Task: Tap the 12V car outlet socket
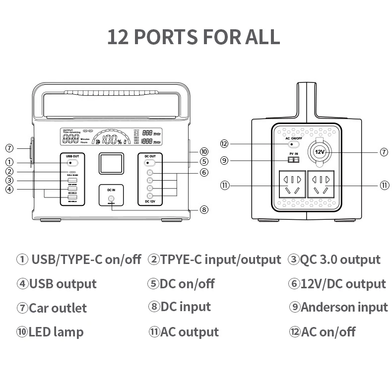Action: pyautogui.click(x=319, y=152)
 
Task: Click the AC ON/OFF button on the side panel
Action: pyautogui.click(x=293, y=144)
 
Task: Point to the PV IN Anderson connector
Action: pyautogui.click(x=293, y=160)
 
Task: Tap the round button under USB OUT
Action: pyautogui.click(x=72, y=162)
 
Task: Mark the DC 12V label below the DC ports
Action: pyautogui.click(x=150, y=201)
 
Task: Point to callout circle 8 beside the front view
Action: pyautogui.click(x=204, y=209)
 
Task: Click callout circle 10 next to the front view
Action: pyautogui.click(x=204, y=151)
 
